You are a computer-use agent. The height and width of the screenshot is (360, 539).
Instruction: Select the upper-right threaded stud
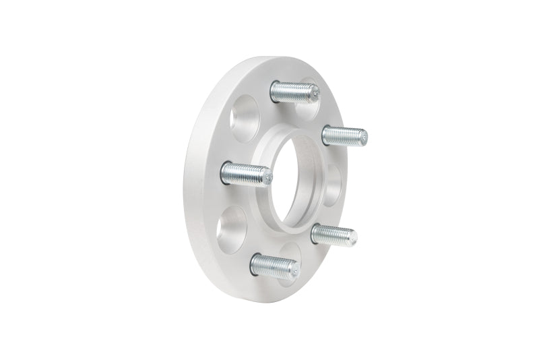(x=344, y=136)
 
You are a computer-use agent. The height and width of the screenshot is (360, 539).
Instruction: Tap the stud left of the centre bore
(x=246, y=175)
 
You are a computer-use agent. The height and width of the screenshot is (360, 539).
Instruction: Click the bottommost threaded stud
(x=274, y=265)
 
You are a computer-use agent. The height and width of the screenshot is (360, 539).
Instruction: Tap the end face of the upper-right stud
(x=364, y=138)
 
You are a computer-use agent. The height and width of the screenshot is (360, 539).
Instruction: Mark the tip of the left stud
(x=269, y=178)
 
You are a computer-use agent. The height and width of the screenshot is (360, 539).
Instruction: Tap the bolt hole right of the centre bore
(x=334, y=183)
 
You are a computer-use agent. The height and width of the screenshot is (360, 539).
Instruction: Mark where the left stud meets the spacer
(x=225, y=173)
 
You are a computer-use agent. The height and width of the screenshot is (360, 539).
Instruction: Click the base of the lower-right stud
(x=315, y=234)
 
